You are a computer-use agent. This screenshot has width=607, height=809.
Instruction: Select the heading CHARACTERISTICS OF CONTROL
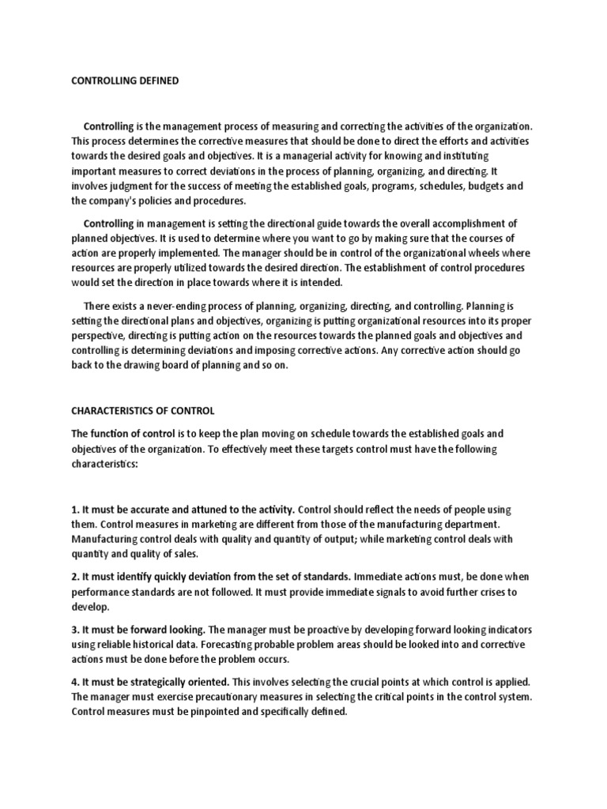(143, 411)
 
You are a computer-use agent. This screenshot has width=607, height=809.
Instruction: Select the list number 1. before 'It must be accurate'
(76, 510)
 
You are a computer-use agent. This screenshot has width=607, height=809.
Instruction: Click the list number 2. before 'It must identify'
(76, 578)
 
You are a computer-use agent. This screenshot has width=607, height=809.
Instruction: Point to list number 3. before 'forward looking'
(76, 630)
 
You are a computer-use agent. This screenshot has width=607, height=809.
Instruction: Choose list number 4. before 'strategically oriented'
(76, 682)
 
